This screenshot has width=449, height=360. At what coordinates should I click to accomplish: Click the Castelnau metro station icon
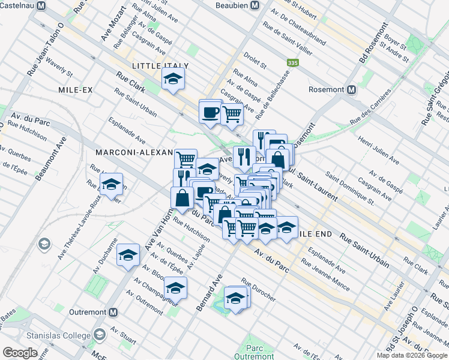click(x=41, y=6)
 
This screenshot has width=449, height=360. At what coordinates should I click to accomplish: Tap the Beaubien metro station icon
click(x=255, y=5)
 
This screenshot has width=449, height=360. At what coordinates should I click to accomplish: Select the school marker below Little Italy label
click(x=173, y=79)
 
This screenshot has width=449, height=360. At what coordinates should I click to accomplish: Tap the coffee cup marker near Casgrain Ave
click(x=210, y=112)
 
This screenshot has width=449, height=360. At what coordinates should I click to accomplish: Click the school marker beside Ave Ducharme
click(x=127, y=256)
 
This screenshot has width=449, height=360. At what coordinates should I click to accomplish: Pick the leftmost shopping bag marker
click(x=182, y=197)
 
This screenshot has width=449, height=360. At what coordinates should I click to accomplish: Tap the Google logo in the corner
click(x=20, y=352)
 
